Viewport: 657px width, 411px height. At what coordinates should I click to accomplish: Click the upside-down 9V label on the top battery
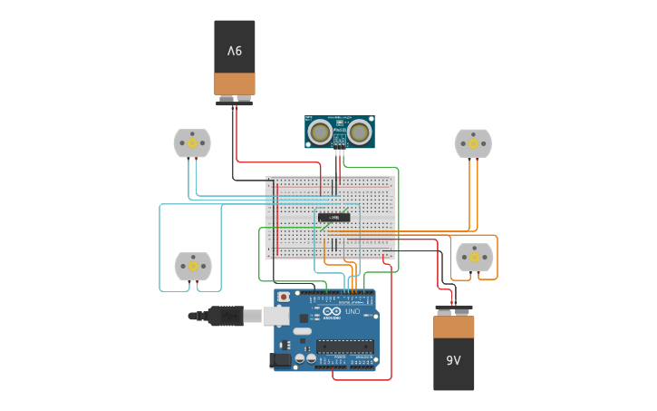click(x=235, y=51)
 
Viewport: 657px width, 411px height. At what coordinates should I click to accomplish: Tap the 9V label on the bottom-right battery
click(x=453, y=360)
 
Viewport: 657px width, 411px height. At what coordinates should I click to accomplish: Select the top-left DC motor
click(x=192, y=142)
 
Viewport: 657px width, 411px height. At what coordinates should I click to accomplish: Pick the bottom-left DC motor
click(x=193, y=266)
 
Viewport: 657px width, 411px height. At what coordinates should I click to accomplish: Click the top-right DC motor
click(x=473, y=142)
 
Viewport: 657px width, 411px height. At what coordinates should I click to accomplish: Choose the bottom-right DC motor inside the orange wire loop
click(x=474, y=258)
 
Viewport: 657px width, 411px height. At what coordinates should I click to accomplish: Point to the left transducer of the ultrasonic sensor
click(x=319, y=132)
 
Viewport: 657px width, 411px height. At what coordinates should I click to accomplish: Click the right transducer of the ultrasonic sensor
click(x=360, y=132)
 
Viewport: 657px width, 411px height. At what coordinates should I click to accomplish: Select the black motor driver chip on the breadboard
click(x=333, y=217)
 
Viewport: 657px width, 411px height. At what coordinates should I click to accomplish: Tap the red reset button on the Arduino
click(x=284, y=297)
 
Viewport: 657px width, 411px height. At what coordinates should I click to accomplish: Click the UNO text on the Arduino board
click(x=353, y=311)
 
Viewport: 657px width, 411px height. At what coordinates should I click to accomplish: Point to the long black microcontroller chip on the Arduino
click(x=344, y=345)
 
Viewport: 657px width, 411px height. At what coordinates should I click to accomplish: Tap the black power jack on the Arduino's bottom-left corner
click(x=282, y=360)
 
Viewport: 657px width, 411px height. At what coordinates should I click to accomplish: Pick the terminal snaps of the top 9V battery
click(x=235, y=101)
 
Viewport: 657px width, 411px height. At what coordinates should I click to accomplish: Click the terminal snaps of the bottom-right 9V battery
click(x=454, y=308)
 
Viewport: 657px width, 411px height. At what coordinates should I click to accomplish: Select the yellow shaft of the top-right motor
click(x=473, y=142)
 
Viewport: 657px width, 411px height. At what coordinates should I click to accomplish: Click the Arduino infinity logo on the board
click(x=330, y=311)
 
